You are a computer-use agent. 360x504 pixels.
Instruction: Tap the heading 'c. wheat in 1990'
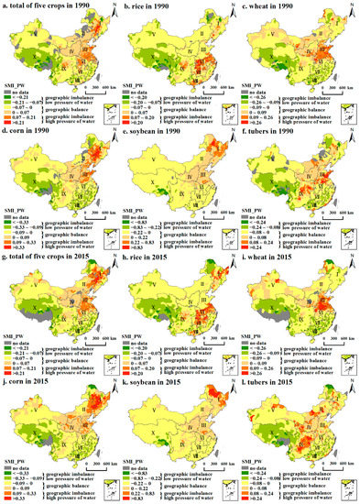(275, 5)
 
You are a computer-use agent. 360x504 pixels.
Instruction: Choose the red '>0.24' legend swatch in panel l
(248, 499)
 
